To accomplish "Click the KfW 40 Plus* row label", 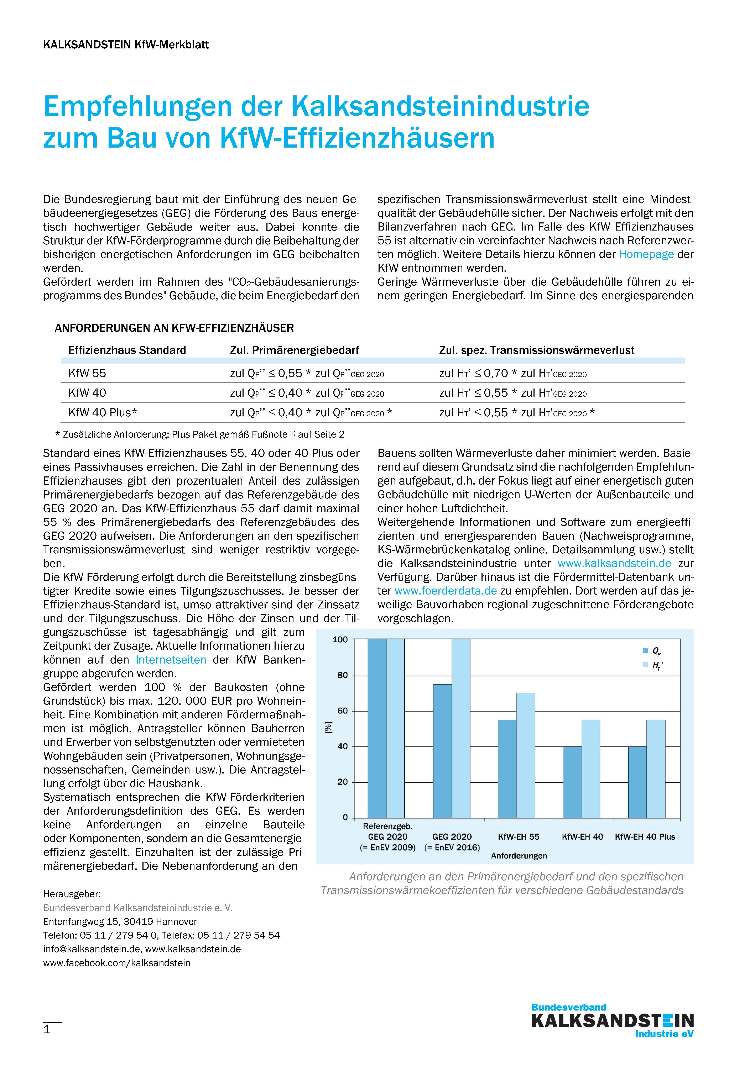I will pos(103,412).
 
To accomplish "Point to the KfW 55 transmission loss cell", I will pos(512,374).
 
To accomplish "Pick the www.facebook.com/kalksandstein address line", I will pos(117,963).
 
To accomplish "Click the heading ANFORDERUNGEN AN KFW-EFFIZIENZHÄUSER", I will pos(174,328).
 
